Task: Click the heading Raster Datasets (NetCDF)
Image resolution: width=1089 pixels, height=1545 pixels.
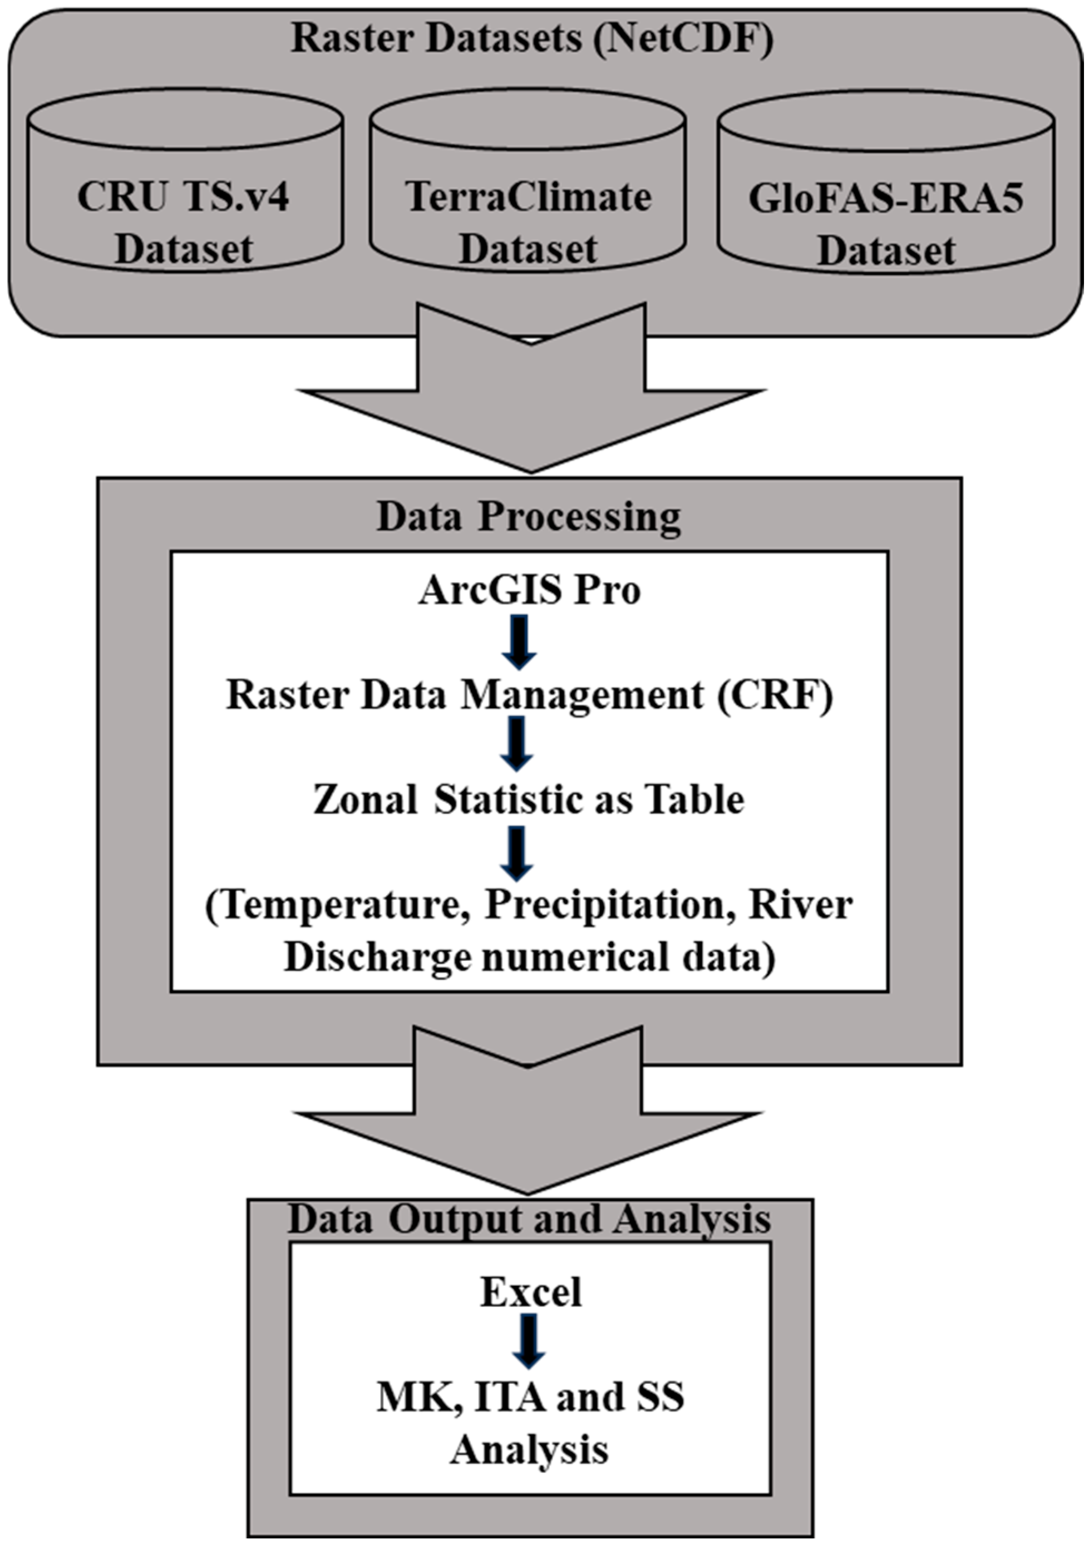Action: coord(532,38)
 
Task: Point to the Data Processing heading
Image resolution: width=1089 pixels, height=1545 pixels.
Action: coord(528,517)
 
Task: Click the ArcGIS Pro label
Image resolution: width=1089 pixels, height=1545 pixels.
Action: coord(529,590)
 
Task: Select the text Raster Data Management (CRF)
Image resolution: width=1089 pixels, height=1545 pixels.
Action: coord(529,694)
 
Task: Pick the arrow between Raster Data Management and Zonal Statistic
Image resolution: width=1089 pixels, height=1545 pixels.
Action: coord(517,743)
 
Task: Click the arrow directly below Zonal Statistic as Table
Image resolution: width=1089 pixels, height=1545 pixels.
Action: coord(517,852)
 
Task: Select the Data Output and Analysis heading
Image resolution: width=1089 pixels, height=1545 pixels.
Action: coord(529,1218)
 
